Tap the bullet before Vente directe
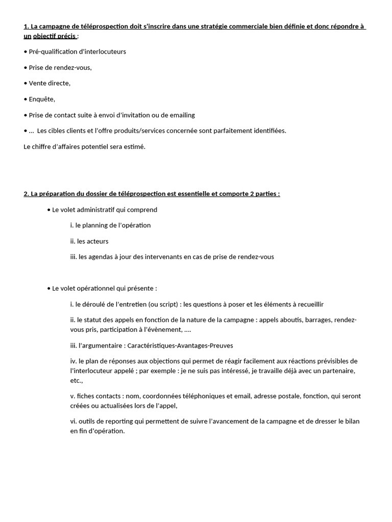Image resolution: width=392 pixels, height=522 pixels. click(x=26, y=83)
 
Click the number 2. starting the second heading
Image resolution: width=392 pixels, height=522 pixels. click(x=27, y=194)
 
